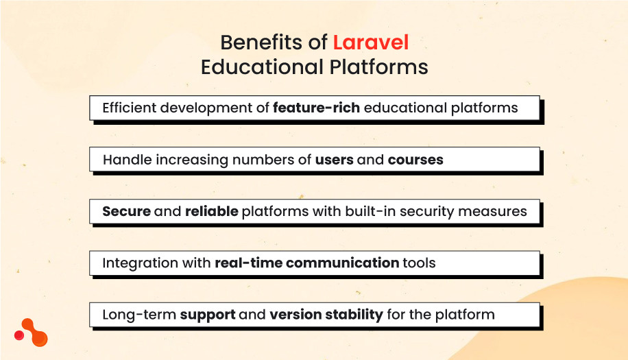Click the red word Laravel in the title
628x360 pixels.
(370, 43)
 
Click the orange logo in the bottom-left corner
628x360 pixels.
(32, 333)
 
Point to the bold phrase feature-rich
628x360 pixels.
(316, 108)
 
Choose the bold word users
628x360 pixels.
(334, 160)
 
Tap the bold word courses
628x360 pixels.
(415, 160)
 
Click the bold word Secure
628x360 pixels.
(126, 211)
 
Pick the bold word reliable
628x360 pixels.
(211, 211)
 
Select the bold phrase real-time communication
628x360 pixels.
(306, 263)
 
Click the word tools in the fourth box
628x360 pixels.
(420, 263)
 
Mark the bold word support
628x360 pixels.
(208, 315)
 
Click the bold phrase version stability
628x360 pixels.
(326, 315)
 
